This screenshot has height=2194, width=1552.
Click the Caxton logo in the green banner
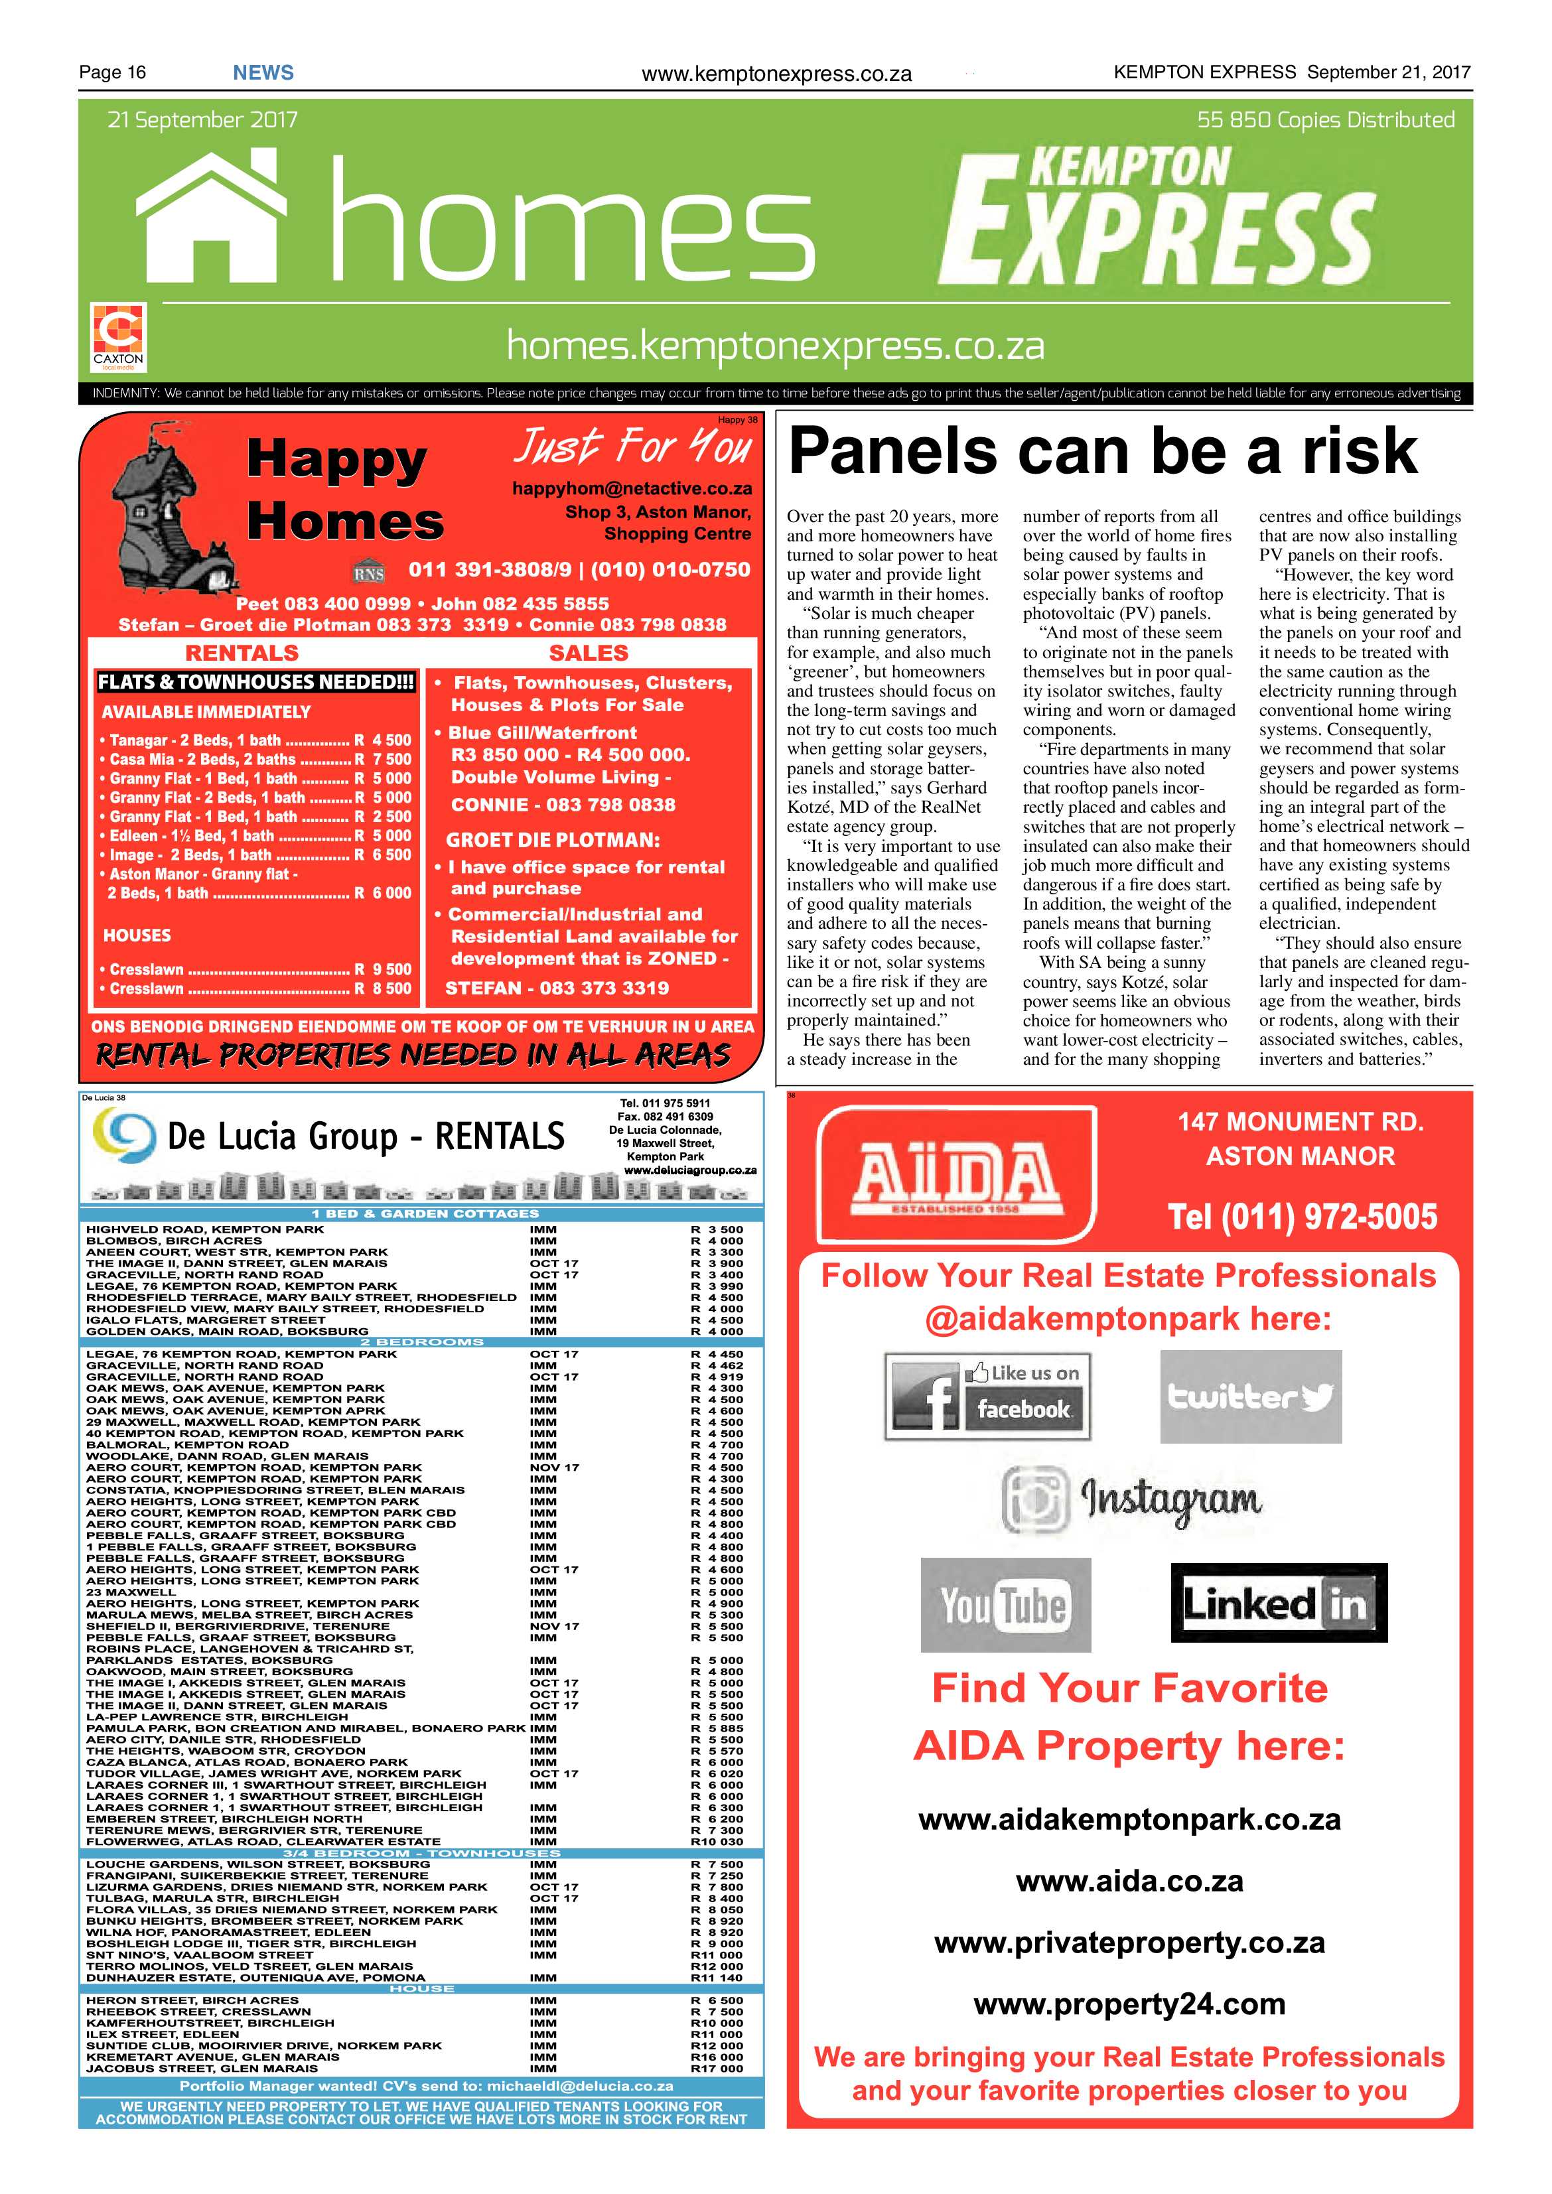pyautogui.click(x=119, y=336)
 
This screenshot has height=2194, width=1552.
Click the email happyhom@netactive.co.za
pyautogui.click(x=632, y=488)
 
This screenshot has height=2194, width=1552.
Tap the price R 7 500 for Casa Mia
pyautogui.click(x=384, y=759)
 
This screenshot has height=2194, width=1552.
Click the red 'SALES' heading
pyautogui.click(x=588, y=653)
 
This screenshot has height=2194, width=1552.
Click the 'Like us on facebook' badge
pyautogui.click(x=987, y=1395)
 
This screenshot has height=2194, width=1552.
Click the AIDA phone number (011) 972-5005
pyautogui.click(x=1302, y=1217)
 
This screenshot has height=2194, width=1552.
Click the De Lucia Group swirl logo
pyautogui.click(x=124, y=1135)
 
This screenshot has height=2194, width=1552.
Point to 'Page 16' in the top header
pyautogui.click(x=113, y=72)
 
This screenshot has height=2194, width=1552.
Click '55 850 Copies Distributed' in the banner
pyautogui.click(x=1326, y=120)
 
